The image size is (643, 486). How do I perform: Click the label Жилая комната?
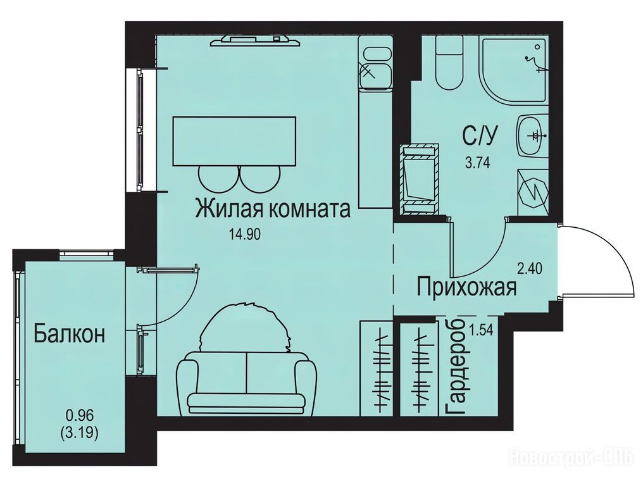[273, 209]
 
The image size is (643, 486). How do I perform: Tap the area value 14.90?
[245, 235]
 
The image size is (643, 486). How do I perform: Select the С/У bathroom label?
[480, 135]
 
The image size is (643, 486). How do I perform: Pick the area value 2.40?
[530, 269]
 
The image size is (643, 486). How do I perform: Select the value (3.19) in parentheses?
[80, 433]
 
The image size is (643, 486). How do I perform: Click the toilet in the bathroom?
[449, 63]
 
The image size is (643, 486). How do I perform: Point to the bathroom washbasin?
[532, 135]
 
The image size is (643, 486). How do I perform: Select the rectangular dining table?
[235, 142]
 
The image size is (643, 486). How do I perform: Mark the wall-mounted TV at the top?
[256, 40]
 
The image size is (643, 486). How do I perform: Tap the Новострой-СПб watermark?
[574, 456]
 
